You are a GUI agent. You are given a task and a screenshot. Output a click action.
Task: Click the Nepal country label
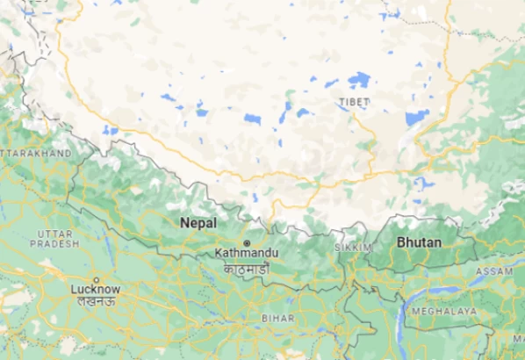[198, 223]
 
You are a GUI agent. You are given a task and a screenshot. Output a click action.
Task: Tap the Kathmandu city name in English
[247, 253]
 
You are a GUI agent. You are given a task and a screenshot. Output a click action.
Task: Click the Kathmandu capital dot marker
[248, 242]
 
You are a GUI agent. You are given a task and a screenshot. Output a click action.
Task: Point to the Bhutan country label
[419, 241]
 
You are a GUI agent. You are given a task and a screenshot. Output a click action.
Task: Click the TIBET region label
[354, 103]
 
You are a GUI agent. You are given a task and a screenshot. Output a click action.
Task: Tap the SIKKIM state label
[354, 248]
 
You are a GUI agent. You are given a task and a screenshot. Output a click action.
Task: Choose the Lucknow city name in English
[96, 289]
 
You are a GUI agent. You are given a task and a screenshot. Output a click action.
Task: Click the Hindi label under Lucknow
[96, 301]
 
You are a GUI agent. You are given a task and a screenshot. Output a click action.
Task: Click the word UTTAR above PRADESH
[54, 233]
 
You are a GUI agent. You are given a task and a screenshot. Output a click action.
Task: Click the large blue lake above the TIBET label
[358, 80]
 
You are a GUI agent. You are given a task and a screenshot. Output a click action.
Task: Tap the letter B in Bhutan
[400, 241]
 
